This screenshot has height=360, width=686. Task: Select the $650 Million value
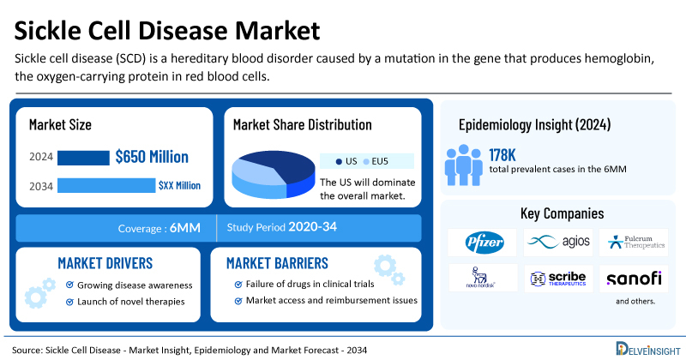coord(153,157)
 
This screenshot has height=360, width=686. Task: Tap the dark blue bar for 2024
coord(83,158)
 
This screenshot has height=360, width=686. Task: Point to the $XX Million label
coord(180,185)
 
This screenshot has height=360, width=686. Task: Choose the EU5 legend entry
coord(376,161)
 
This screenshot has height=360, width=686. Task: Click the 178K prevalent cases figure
coord(505,153)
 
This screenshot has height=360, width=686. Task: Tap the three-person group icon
coord(463,162)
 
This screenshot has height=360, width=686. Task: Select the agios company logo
coord(559,243)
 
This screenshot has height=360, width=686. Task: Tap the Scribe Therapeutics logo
coord(559,278)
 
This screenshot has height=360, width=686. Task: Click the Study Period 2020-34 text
coord(280,228)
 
